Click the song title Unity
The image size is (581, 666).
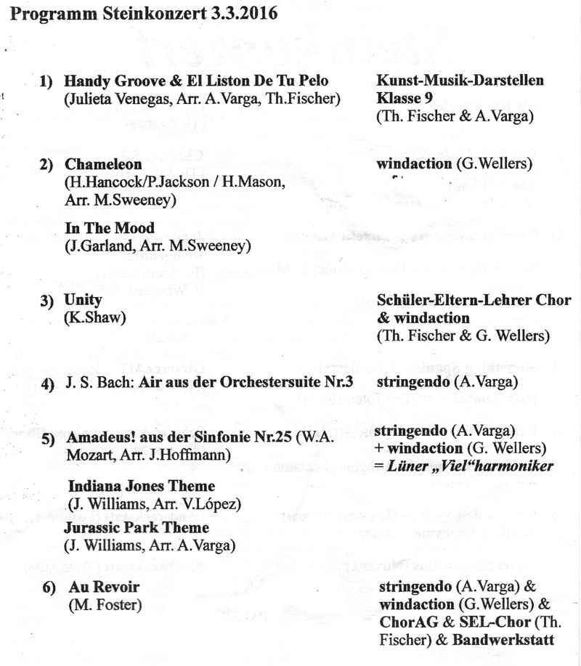(83, 300)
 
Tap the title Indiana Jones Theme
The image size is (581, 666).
(142, 486)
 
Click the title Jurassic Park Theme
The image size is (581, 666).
(137, 527)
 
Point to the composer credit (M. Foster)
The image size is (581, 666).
(102, 604)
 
